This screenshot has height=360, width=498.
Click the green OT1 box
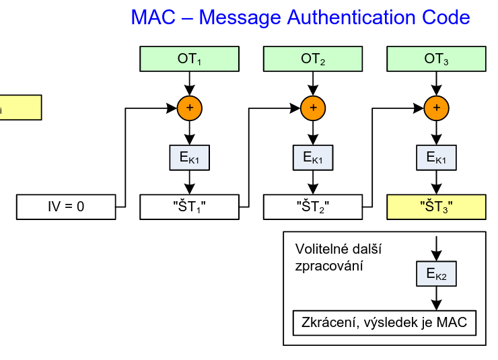[189, 59]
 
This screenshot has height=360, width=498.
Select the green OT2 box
[313, 59]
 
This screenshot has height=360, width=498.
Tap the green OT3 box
[436, 59]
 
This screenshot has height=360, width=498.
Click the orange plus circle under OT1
[189, 108]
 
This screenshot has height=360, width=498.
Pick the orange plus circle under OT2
[313, 108]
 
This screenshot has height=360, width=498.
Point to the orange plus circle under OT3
[436, 108]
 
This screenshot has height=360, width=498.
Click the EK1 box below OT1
[189, 158]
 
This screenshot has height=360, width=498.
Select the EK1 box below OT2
[313, 158]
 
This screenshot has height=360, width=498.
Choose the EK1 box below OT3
[436, 158]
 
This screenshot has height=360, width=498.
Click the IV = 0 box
[66, 207]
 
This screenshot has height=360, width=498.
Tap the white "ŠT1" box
[189, 207]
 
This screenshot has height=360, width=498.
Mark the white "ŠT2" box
[313, 207]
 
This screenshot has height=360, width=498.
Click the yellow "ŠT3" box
[436, 207]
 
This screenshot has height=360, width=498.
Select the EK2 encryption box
[436, 273]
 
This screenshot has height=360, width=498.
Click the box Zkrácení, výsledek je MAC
[385, 323]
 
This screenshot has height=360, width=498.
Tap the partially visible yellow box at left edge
[20, 108]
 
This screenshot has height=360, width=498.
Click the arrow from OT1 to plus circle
[189, 83]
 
